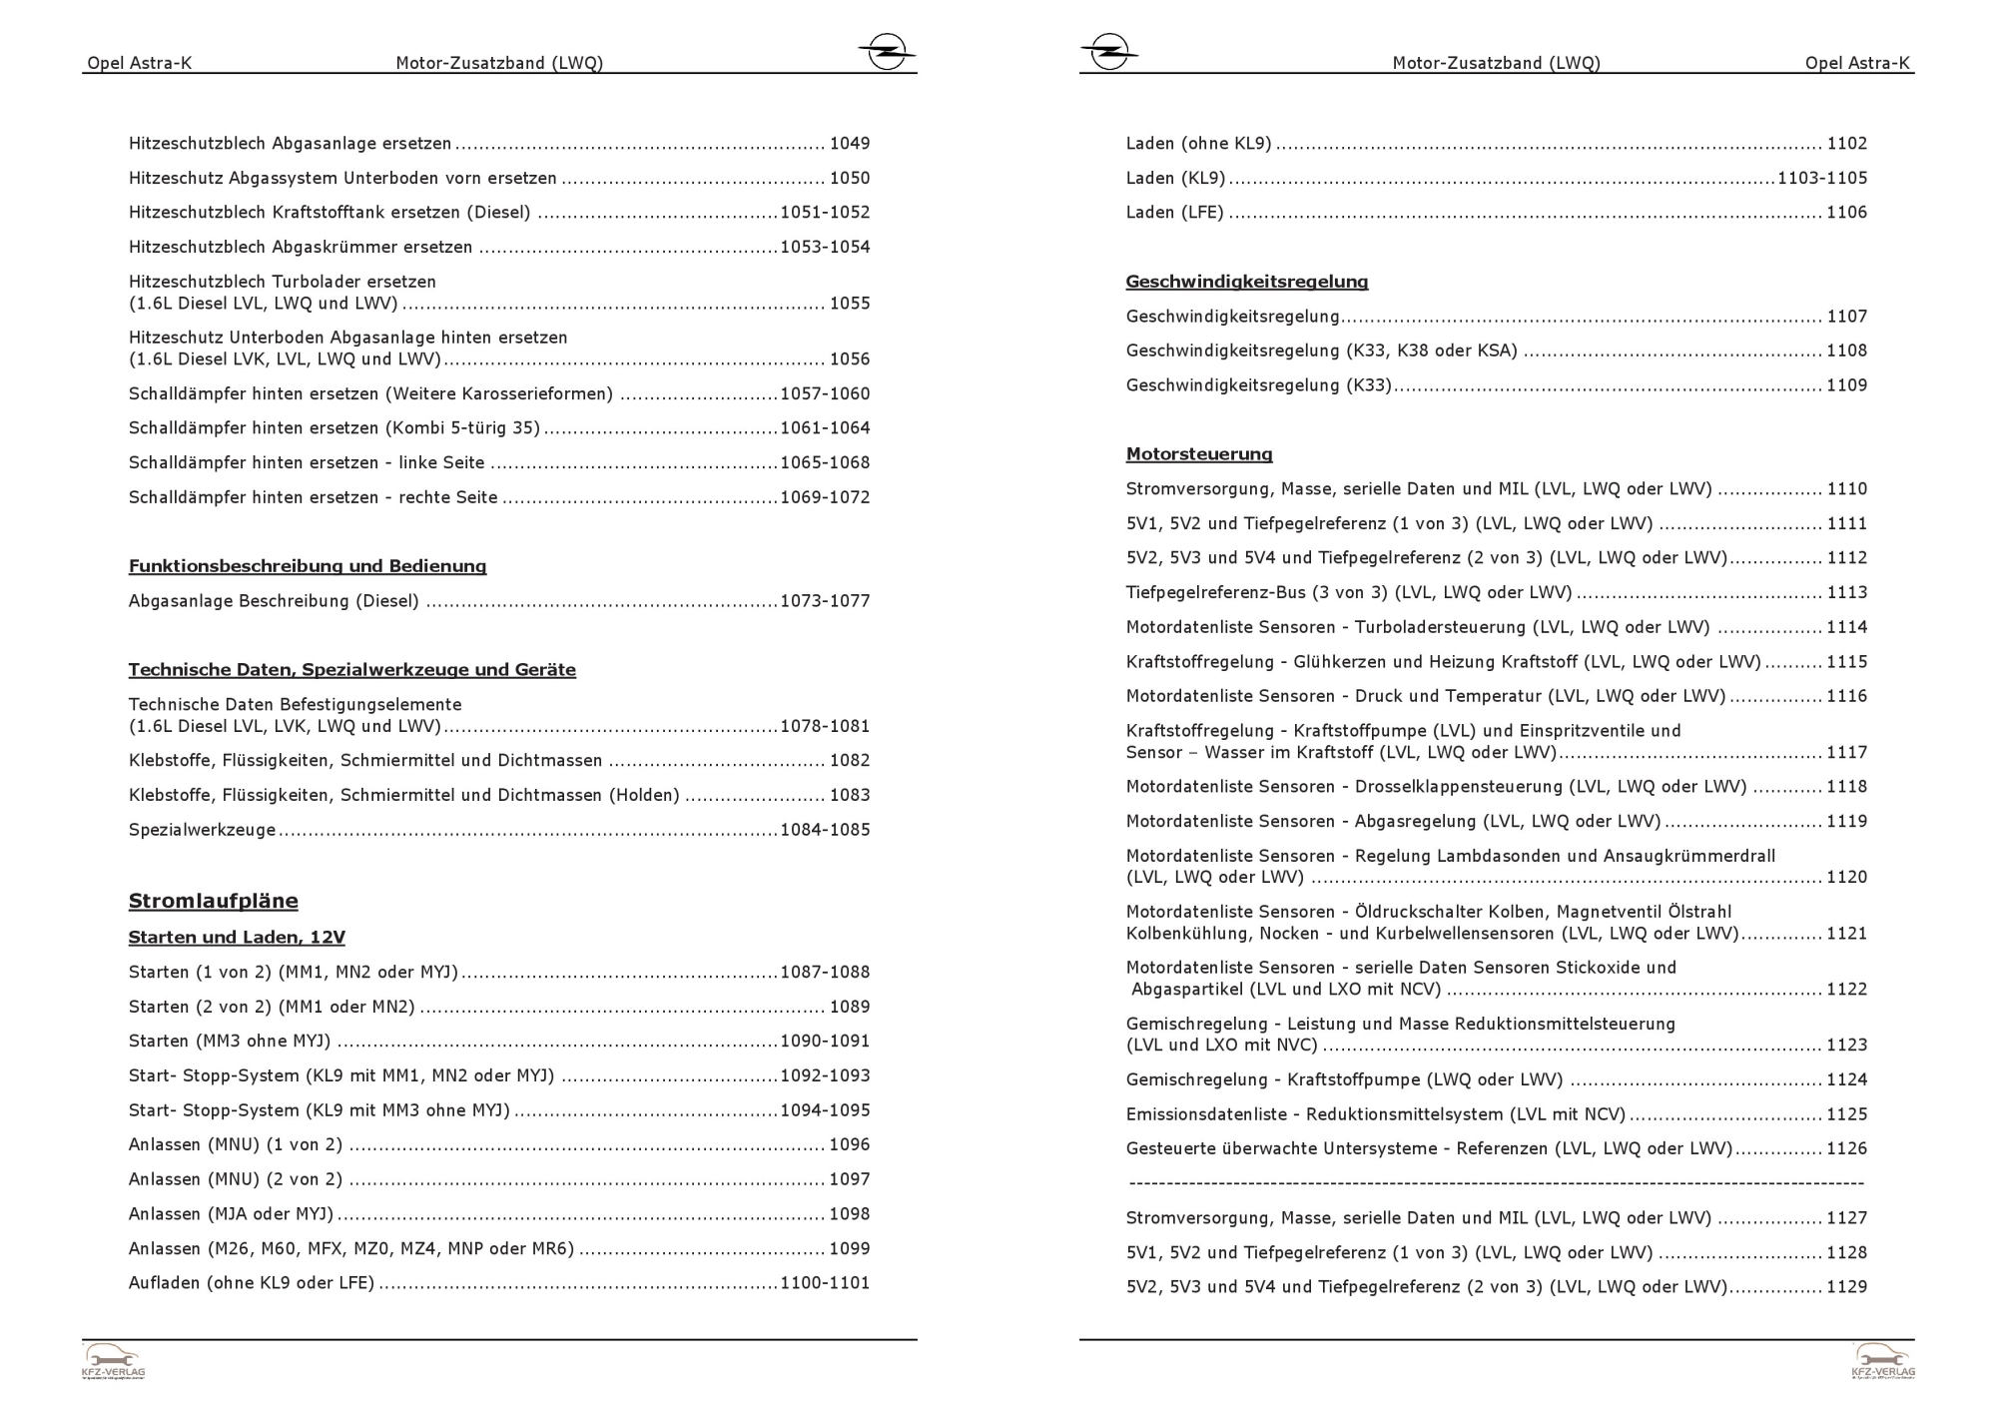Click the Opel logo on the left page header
pos(886,51)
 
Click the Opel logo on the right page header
pos(1108,51)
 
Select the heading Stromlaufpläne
pos(213,901)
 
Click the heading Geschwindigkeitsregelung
pos(1246,282)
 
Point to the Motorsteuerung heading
pos(1198,454)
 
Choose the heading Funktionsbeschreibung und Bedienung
pos(307,566)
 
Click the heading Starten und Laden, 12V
pos(237,938)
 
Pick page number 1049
pos(850,144)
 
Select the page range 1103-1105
pos(1821,178)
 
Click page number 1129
pos(1846,1287)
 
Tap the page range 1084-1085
pos(825,830)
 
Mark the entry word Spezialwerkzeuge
pos(202,830)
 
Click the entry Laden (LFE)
pos(1174,213)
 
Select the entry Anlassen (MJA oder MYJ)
pos(231,1214)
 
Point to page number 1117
pos(1846,753)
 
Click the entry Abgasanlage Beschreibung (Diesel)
pos(274,601)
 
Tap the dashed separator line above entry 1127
pos(1496,1183)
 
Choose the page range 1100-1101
pos(825,1283)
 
